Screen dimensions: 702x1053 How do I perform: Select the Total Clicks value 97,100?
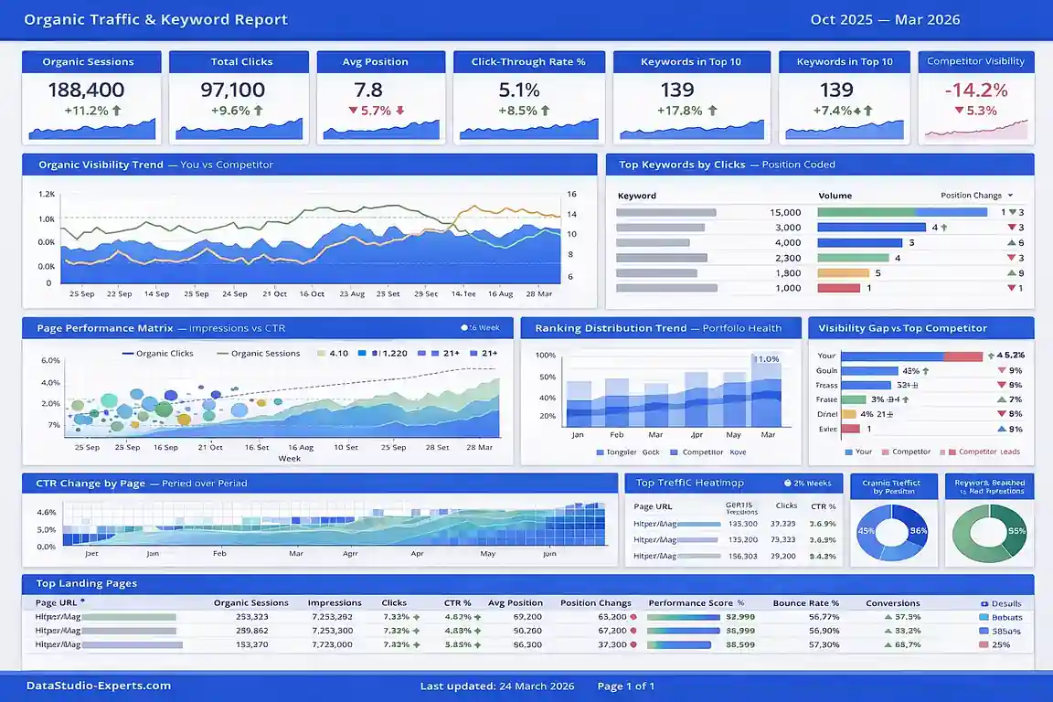coord(233,90)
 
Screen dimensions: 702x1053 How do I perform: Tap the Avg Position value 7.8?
coord(368,90)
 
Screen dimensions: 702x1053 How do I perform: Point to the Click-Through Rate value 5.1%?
coord(519,90)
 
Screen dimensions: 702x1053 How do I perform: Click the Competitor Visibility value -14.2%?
coord(975,90)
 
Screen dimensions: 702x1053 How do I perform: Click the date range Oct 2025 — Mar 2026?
coord(885,19)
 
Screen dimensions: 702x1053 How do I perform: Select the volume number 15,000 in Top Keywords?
coord(785,212)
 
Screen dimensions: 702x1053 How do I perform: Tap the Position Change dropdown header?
coord(976,196)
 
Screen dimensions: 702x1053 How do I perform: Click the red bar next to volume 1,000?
coord(838,288)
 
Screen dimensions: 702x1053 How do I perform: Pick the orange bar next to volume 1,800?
coord(843,272)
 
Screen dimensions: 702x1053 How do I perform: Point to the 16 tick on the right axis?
coord(572,195)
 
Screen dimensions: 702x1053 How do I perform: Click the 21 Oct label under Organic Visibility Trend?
coord(274,294)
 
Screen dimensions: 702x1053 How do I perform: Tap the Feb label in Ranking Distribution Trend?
coord(617,435)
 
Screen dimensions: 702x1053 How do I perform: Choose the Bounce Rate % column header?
coord(805,603)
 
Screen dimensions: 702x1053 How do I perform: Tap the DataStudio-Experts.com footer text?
coord(98,686)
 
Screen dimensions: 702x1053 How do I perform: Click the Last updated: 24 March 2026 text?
coord(496,686)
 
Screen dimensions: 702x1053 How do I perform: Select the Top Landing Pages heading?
coord(87,583)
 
